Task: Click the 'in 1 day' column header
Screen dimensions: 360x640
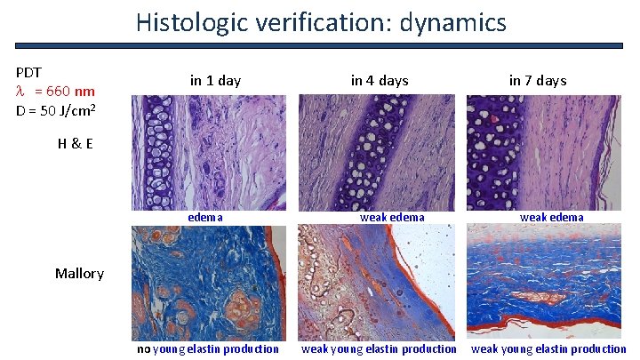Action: [x=215, y=81]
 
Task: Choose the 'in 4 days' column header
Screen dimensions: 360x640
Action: [x=380, y=81]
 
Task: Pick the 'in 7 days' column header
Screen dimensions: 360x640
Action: [x=538, y=81]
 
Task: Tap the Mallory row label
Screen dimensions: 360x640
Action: [x=80, y=273]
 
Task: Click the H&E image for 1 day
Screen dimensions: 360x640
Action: [x=210, y=152]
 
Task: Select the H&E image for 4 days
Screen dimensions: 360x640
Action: [x=377, y=152]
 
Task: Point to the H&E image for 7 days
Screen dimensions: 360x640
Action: [x=543, y=152]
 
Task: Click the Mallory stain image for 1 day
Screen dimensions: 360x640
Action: [x=210, y=282]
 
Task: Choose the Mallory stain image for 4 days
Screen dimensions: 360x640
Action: [x=377, y=282]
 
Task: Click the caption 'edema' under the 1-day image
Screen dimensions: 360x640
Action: [x=205, y=217]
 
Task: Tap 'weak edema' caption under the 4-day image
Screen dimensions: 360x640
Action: [x=392, y=217]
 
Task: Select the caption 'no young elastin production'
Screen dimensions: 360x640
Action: [x=207, y=348]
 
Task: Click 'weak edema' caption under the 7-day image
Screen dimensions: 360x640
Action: [x=552, y=217]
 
